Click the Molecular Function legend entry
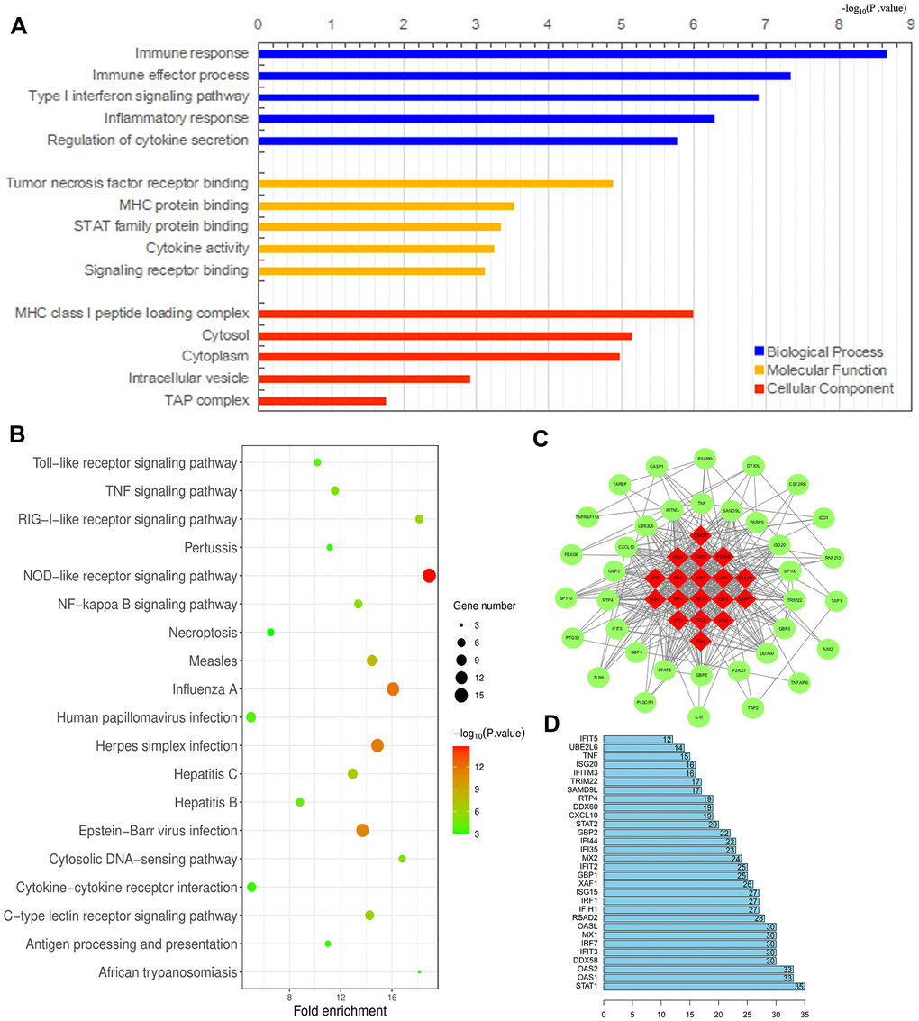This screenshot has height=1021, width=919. click(x=826, y=370)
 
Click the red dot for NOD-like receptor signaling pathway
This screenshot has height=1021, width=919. click(x=429, y=576)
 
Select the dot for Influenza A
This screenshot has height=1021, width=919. click(x=393, y=689)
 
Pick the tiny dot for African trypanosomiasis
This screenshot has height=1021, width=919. click(x=420, y=971)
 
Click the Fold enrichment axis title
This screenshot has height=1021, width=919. click(x=341, y=1011)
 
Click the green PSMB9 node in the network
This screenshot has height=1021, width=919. click(x=705, y=459)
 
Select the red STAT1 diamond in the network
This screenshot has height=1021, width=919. click(x=700, y=535)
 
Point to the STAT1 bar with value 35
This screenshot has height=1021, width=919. click(x=704, y=987)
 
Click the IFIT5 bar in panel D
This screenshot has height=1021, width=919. click(x=639, y=739)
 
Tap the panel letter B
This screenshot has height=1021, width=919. click(x=17, y=433)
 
